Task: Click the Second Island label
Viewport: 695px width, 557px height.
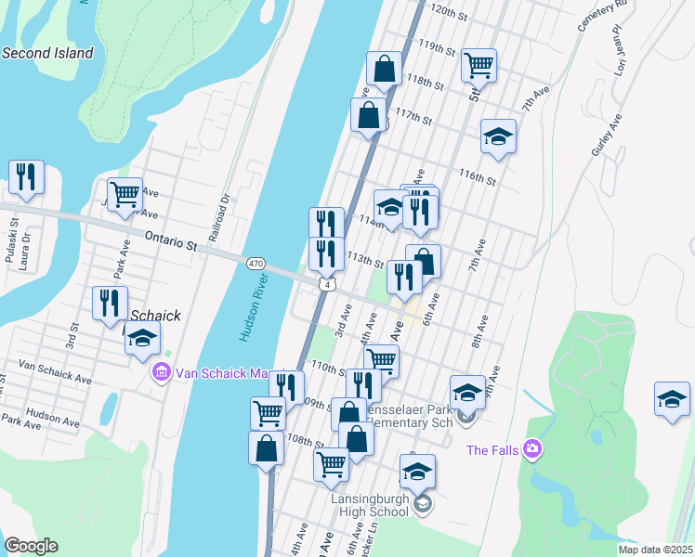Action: click(x=47, y=53)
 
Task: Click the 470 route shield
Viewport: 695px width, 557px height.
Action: click(x=256, y=265)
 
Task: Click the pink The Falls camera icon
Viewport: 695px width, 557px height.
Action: click(x=532, y=449)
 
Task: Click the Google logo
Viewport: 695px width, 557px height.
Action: click(x=31, y=546)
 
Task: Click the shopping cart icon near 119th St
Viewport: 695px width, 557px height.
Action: click(x=479, y=65)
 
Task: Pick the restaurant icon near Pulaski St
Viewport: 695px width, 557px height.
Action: click(x=26, y=176)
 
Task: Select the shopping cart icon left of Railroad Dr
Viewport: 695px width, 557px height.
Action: click(x=125, y=195)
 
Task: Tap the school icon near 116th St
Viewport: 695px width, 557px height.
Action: click(x=498, y=136)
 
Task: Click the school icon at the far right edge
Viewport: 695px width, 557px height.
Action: click(x=672, y=399)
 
